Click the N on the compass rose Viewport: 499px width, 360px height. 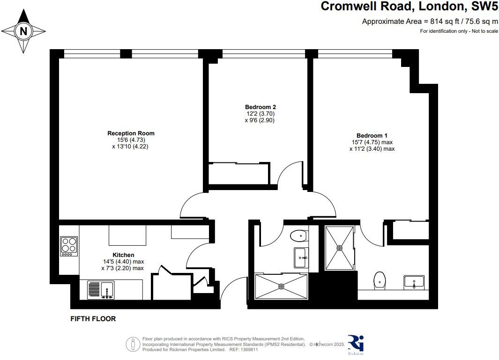23,31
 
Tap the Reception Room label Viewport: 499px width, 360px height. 131,133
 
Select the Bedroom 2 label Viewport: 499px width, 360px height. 261,107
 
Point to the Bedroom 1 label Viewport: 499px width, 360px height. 372,135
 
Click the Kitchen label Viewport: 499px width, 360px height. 124,255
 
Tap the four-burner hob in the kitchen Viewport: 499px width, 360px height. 69,246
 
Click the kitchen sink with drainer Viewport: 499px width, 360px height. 101,290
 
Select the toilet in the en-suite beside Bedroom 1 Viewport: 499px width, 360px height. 380,280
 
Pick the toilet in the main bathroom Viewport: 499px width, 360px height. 299,235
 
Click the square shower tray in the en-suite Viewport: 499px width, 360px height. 340,248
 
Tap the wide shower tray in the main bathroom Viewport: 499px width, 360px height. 281,287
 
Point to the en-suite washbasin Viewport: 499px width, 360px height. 414,282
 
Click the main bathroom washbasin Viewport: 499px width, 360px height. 301,257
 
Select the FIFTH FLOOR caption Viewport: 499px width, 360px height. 93,319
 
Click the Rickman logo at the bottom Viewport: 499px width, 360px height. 356,345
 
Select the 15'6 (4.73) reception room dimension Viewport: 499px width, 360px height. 131,140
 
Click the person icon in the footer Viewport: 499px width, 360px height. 133,344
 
